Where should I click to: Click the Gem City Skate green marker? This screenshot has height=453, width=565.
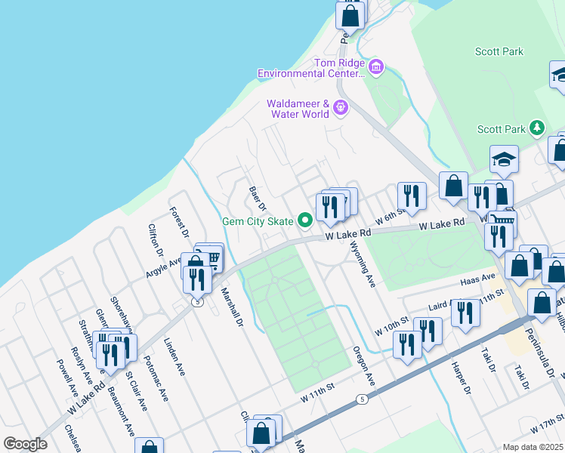[305, 221]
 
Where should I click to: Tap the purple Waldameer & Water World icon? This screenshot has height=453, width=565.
[341, 108]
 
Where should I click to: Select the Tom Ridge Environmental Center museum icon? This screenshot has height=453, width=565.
[376, 68]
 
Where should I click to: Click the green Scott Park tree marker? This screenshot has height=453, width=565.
[537, 128]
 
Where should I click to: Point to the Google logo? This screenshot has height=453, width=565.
[25, 444]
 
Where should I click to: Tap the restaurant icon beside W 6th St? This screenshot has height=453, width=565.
[411, 196]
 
